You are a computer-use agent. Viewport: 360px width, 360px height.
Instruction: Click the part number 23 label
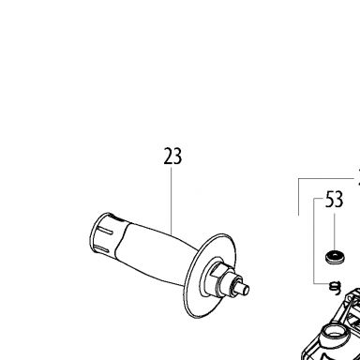point(172,157)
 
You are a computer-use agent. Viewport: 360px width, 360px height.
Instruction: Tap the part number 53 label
point(334,200)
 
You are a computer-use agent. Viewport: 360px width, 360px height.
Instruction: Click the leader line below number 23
point(172,201)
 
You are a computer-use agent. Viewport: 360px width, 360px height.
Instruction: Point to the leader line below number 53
point(334,232)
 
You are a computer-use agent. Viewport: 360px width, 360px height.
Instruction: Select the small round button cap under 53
point(335,257)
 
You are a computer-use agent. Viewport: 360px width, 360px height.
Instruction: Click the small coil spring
point(336,287)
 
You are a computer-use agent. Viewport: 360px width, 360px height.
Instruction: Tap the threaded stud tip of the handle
point(245,289)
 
